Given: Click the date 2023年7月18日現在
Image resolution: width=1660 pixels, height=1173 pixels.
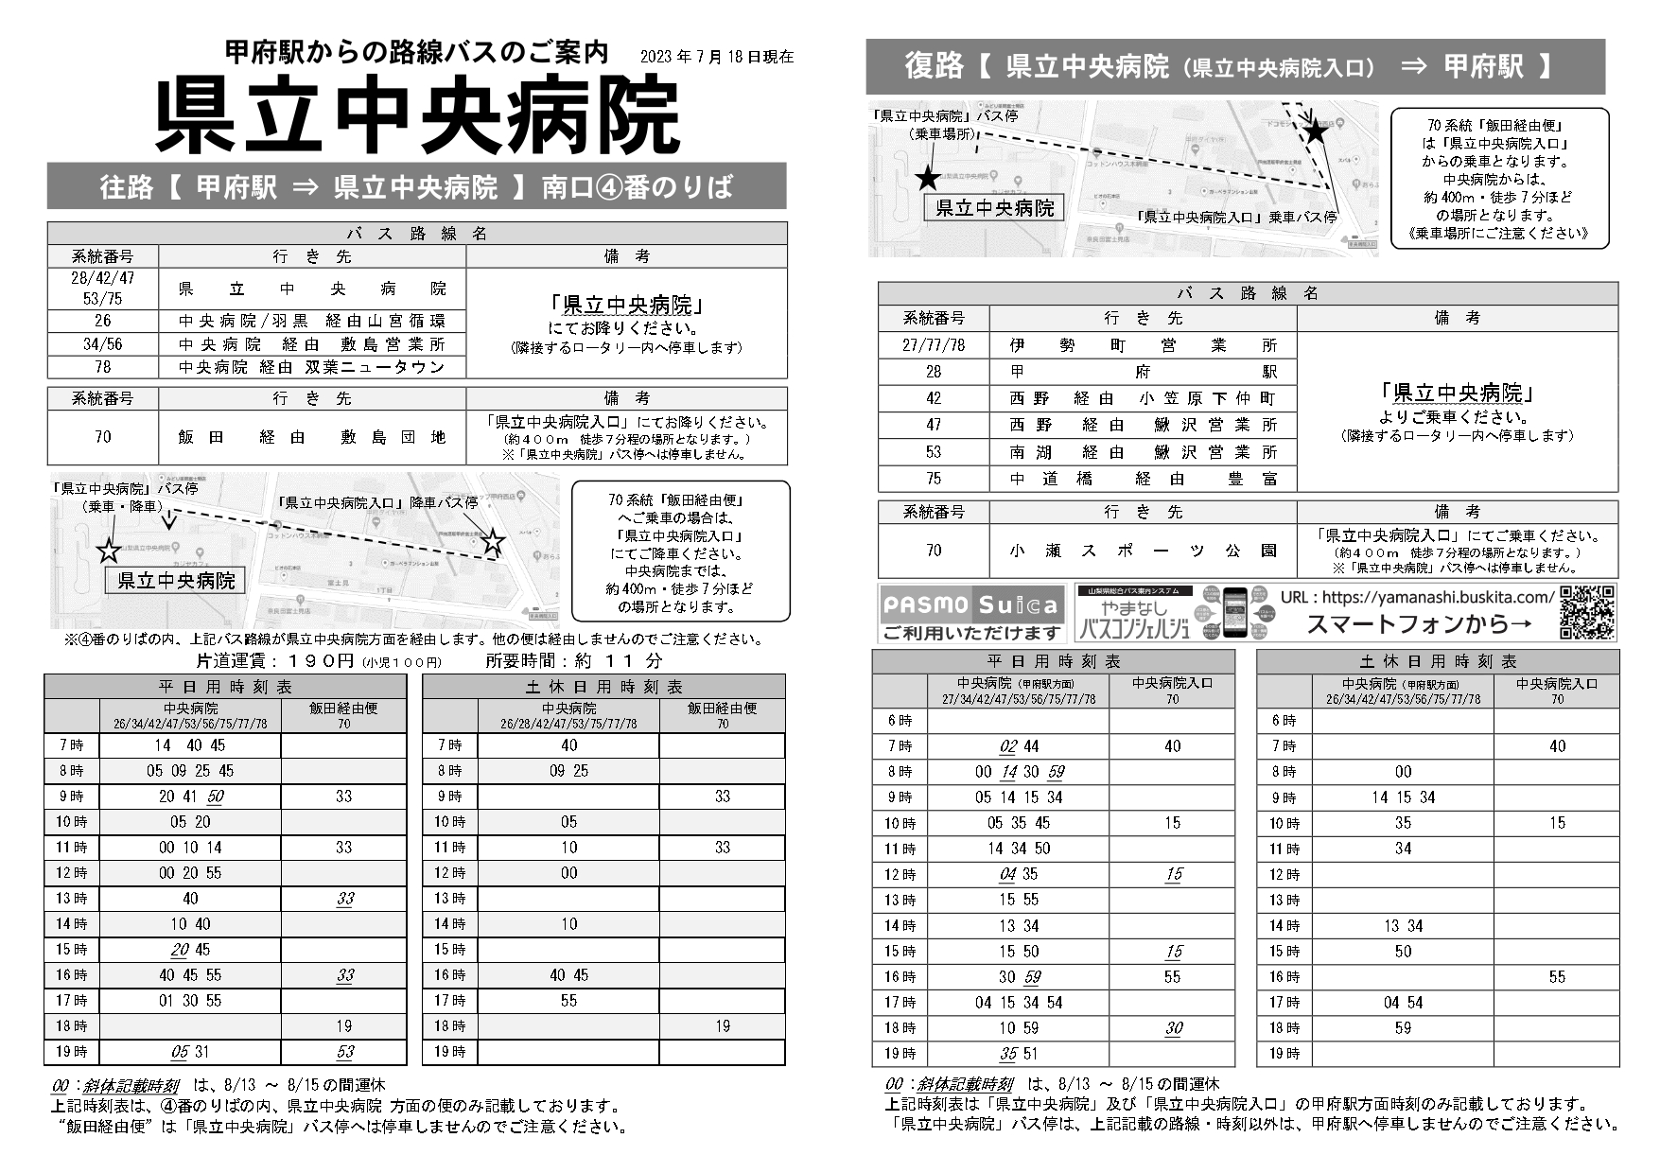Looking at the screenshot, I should pyautogui.click(x=716, y=57).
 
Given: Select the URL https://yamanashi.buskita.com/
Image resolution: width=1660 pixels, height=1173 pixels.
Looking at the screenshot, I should pyautogui.click(x=1417, y=597).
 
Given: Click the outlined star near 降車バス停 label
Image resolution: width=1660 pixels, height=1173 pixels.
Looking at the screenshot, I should pyautogui.click(x=493, y=541).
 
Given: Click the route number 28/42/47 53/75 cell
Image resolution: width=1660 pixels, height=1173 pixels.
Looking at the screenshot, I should pyautogui.click(x=102, y=289).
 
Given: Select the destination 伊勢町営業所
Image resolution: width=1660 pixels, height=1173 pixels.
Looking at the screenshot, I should pyautogui.click(x=1143, y=345).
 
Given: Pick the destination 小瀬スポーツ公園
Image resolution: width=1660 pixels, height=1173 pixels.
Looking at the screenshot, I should pyautogui.click(x=1143, y=550).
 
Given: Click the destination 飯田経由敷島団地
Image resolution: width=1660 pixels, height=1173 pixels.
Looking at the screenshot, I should pyautogui.click(x=311, y=437).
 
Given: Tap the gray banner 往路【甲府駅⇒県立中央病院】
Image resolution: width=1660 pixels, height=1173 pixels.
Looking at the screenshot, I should pyautogui.click(x=416, y=186).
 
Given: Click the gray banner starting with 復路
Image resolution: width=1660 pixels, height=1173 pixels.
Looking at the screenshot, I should pyautogui.click(x=1234, y=66).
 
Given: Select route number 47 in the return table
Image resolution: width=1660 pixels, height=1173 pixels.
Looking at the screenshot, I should pyautogui.click(x=934, y=426).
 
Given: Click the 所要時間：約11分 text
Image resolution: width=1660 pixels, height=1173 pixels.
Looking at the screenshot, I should pyautogui.click(x=573, y=660).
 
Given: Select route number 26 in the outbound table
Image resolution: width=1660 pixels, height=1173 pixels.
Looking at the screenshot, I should pyautogui.click(x=102, y=321).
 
